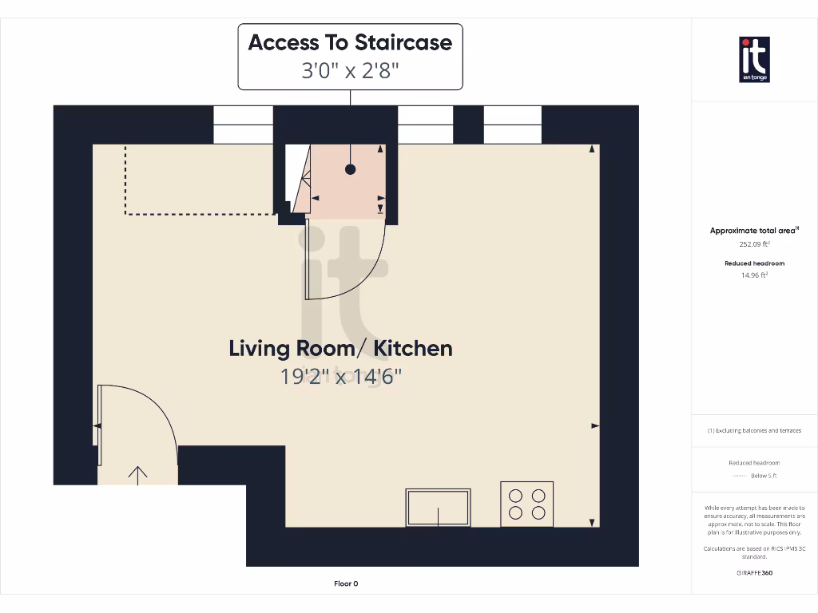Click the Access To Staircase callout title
click(x=350, y=42)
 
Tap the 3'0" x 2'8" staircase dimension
click(x=350, y=70)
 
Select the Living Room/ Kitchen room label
click(x=340, y=348)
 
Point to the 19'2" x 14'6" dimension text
click(x=340, y=376)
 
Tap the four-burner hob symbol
click(x=526, y=504)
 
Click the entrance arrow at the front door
click(x=137, y=475)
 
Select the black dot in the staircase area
click(x=350, y=169)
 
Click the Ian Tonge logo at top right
click(x=754, y=59)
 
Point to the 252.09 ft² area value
click(x=754, y=245)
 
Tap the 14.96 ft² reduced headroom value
click(x=754, y=275)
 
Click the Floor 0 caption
click(x=346, y=583)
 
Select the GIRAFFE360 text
click(x=754, y=572)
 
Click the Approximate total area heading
click(x=754, y=231)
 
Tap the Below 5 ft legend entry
click(x=764, y=476)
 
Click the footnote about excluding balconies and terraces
click(x=754, y=430)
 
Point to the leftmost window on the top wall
click(x=243, y=125)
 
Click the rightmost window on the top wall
click(x=513, y=125)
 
